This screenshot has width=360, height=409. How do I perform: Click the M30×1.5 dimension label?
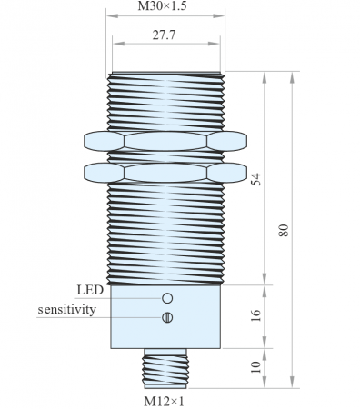[162, 6]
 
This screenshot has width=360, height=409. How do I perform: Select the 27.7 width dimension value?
[164, 35]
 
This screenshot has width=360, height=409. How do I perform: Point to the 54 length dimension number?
[256, 179]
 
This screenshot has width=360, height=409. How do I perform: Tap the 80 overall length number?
[284, 230]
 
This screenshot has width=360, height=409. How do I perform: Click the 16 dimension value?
[256, 315]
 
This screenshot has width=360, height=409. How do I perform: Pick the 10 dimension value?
[256, 367]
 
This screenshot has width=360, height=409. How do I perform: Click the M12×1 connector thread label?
[164, 402]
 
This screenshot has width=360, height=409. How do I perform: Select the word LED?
[90, 290]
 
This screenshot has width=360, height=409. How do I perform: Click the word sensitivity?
[66, 310]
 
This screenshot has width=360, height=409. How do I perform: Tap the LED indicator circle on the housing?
[167, 298]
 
